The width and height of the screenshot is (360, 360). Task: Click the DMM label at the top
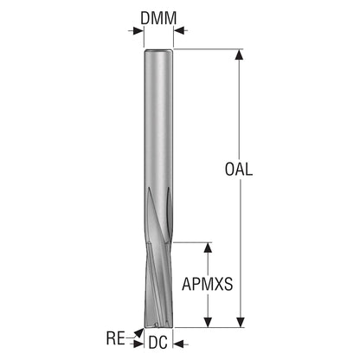pyautogui.click(x=158, y=18)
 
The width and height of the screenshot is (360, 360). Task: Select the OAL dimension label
pyautogui.click(x=239, y=170)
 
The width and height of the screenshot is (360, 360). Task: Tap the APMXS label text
pyautogui.click(x=207, y=284)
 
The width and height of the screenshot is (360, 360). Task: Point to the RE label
pyautogui.click(x=115, y=338)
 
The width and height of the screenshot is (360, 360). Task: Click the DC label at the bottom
pyautogui.click(x=158, y=343)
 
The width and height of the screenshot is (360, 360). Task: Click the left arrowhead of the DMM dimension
pyautogui.click(x=138, y=30)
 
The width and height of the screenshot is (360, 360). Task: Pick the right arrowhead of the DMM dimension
pyautogui.click(x=179, y=30)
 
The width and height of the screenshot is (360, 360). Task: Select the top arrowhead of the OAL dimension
pyautogui.click(x=239, y=55)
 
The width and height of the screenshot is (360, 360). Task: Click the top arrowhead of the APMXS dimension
pyautogui.click(x=208, y=247)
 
